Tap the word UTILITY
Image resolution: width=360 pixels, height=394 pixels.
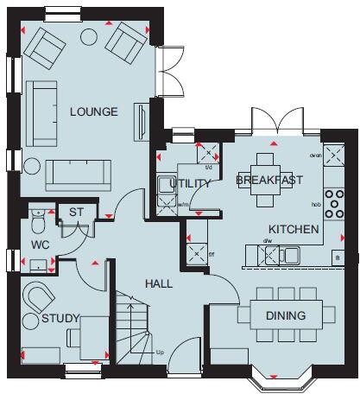[190, 183]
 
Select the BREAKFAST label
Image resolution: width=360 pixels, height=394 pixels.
[269, 180]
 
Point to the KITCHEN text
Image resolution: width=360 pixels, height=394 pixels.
[294, 230]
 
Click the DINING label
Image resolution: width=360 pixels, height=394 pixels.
[285, 316]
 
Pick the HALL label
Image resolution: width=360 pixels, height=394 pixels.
[158, 283]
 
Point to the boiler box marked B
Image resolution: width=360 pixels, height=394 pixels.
[338, 258]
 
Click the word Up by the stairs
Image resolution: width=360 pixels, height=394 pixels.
[159, 353]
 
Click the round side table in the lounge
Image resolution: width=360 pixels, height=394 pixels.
[33, 167]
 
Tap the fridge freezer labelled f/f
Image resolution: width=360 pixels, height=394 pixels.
[195, 255]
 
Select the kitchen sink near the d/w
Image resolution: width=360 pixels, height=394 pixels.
[292, 254]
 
